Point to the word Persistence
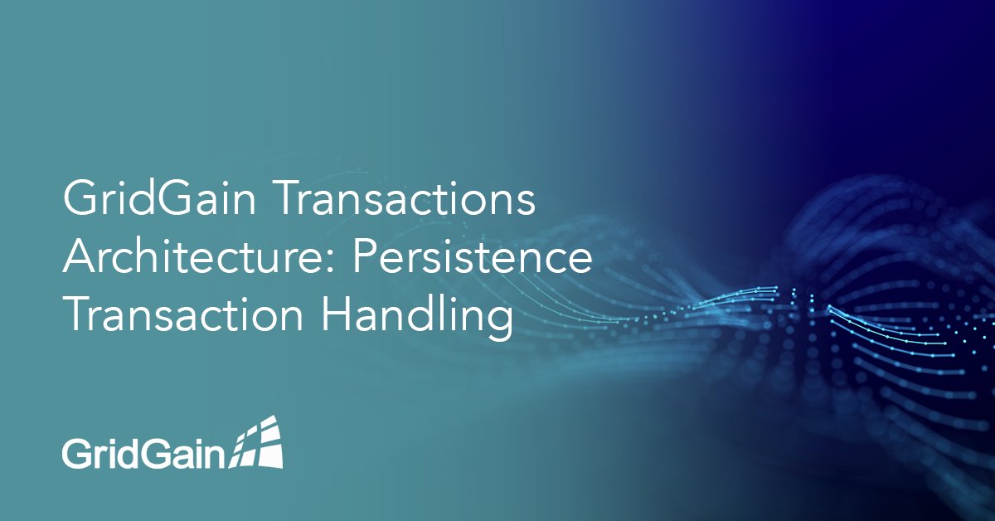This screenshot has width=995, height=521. coord(473,260)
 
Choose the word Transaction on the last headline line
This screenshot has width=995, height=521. coord(177,317)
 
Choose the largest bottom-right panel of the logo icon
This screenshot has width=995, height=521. coord(272,454)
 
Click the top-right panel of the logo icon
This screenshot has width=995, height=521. coord(270,426)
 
